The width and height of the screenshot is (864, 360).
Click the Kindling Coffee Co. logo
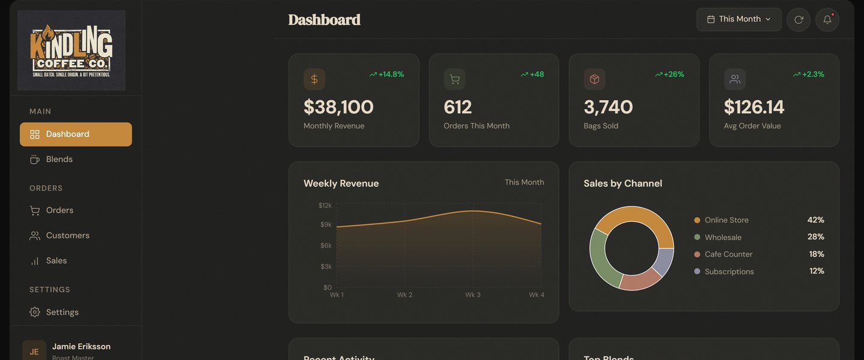[71, 50]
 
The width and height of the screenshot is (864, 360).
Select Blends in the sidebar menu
[59, 159]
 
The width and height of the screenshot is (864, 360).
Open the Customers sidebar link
[67, 235]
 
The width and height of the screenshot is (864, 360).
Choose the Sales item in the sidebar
[56, 260]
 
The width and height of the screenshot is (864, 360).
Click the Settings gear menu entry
[62, 312]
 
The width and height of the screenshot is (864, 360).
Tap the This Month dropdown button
[739, 19]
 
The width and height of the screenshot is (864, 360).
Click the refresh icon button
[799, 19]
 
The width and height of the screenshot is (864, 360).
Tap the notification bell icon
[827, 19]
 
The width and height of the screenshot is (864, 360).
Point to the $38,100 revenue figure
[338, 107]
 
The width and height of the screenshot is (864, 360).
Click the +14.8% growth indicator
[387, 74]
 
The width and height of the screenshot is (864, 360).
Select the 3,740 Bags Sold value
[608, 107]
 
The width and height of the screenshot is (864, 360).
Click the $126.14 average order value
[754, 107]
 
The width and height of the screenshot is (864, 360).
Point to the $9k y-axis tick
[326, 224]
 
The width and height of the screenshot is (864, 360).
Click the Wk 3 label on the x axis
[473, 295]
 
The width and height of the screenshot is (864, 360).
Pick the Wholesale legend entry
[723, 237]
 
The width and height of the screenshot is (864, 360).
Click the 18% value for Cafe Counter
[817, 254]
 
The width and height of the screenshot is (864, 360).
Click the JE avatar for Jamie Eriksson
[34, 352]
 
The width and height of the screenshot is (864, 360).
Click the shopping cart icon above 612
[455, 79]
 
